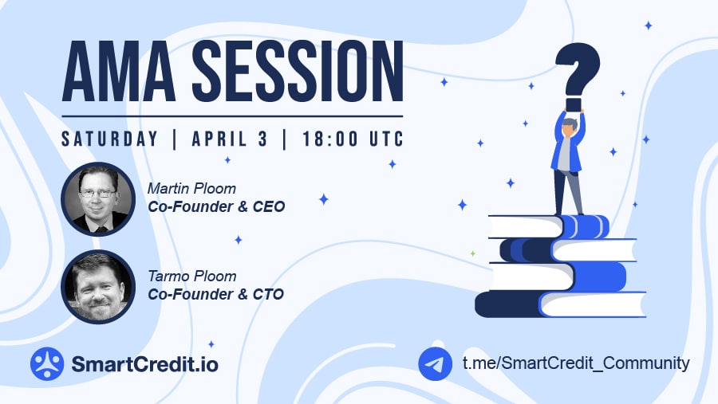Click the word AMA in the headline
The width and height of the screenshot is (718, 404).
coord(119,71)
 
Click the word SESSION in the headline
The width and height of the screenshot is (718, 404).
coord(298,71)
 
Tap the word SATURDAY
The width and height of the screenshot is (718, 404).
coord(110,139)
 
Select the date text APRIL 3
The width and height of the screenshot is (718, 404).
coord(230,139)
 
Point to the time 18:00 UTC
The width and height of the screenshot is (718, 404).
coord(353,139)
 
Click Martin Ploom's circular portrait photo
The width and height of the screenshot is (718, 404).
coord(98,199)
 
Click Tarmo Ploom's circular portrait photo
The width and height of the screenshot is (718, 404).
coord(98,287)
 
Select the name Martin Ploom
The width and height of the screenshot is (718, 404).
coord(191,189)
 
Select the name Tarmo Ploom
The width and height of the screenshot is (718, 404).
coord(191,277)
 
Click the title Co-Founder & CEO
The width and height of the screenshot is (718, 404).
coord(216,207)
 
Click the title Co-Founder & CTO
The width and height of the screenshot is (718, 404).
coord(215,294)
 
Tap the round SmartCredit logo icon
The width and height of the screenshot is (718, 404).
coord(47,363)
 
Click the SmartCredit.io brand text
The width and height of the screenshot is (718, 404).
coord(144,364)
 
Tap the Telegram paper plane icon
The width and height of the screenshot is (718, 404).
coord(435,363)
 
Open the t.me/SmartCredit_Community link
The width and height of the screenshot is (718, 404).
coord(576,363)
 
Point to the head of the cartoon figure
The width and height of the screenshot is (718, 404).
coord(569,127)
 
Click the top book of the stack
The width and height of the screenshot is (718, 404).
coord(549,226)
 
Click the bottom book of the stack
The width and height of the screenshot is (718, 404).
coord(561,304)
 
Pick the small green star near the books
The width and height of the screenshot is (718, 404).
coord(472,253)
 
